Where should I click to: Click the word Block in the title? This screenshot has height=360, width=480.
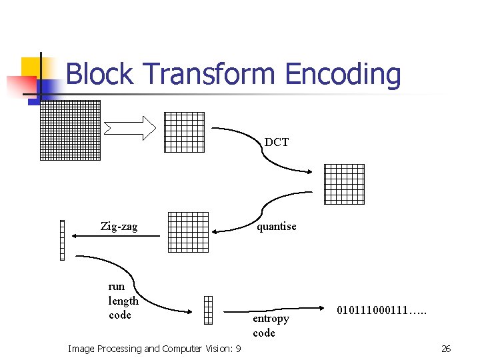(100, 74)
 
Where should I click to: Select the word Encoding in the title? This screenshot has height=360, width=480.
(343, 74)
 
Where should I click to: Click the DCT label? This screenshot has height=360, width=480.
(277, 142)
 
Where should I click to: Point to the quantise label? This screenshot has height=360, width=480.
(277, 226)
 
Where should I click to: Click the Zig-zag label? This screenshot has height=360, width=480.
(119, 227)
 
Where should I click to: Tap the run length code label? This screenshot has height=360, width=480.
(123, 301)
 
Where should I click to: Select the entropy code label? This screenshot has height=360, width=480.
(270, 325)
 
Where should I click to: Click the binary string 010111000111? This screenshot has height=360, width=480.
(382, 310)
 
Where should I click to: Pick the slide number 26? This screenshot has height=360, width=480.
(446, 349)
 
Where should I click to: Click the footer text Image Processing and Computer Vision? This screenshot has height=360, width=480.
(155, 349)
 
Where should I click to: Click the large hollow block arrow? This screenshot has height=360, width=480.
(130, 127)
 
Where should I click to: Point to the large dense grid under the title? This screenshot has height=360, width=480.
(70, 130)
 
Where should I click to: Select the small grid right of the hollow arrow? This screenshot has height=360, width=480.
(184, 132)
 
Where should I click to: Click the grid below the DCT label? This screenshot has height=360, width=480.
(344, 184)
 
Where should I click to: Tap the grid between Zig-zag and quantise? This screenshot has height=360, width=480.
(188, 232)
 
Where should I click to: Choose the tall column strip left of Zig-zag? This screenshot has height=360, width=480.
(62, 240)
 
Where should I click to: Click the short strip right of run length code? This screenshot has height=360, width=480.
(208, 309)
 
